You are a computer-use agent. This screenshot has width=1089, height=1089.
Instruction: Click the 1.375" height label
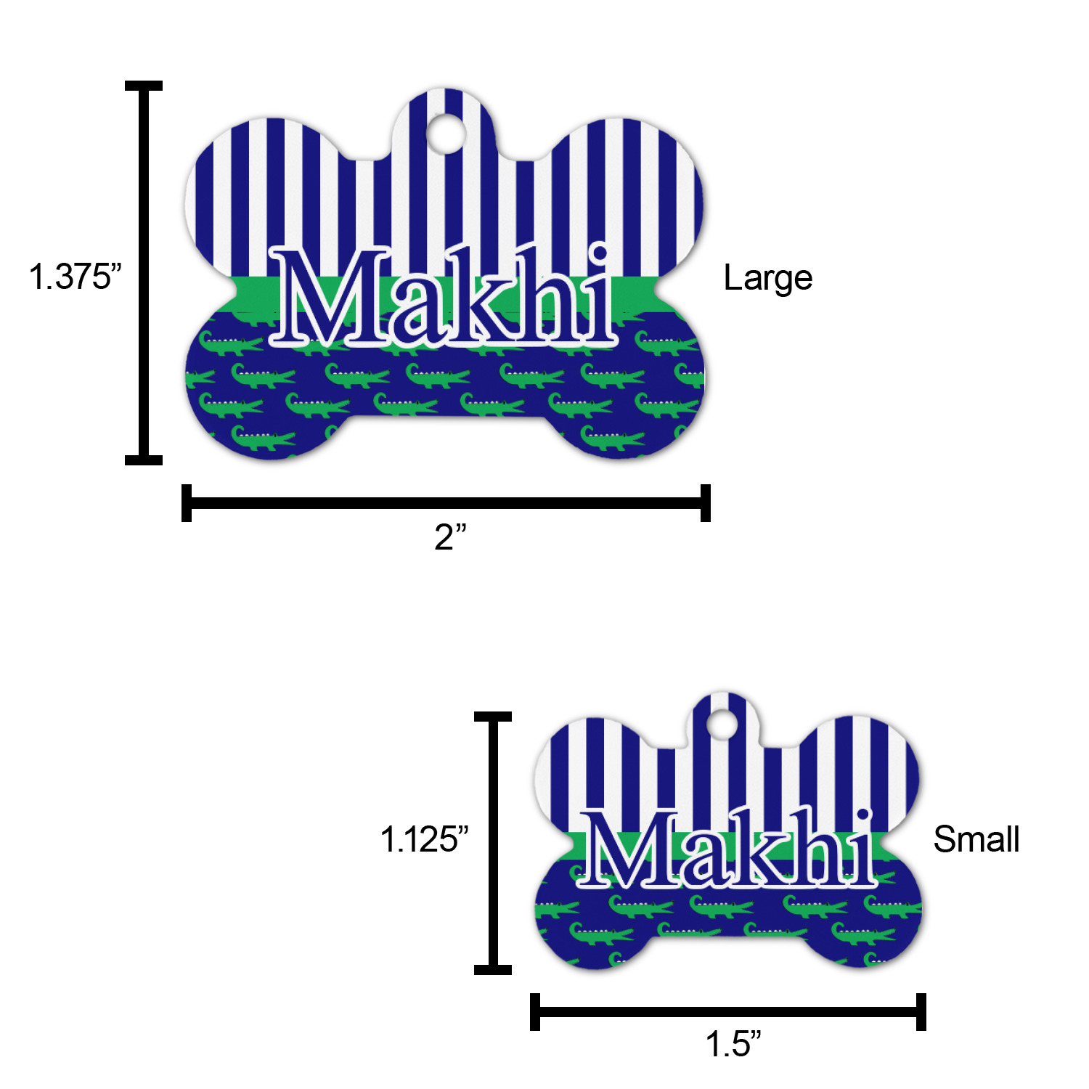pyautogui.click(x=75, y=276)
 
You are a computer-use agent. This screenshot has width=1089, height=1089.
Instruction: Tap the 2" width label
pyautogui.click(x=450, y=537)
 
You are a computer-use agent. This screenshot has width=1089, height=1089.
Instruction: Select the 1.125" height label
pyautogui.click(x=424, y=839)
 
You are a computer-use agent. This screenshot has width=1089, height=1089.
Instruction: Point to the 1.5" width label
pyautogui.click(x=733, y=1044)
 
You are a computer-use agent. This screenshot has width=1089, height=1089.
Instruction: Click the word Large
pyautogui.click(x=768, y=279)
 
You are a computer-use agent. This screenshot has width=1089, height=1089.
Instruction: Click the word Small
pyautogui.click(x=976, y=839)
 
